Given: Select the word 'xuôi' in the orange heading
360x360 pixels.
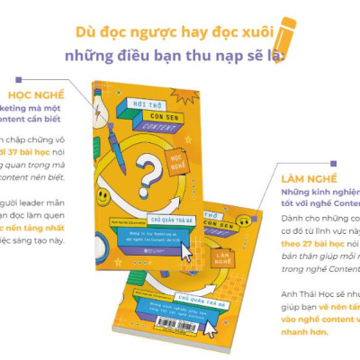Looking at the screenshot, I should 256,31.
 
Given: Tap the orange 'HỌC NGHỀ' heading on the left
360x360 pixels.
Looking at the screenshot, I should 37,94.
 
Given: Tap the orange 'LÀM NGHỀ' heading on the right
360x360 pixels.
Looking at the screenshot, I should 305,178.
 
